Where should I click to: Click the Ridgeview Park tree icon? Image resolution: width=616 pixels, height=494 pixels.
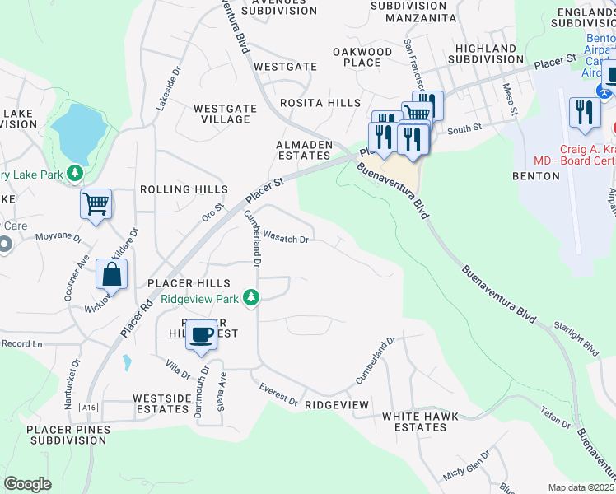click(x=257, y=298)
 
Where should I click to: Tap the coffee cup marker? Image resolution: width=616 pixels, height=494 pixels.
click(x=201, y=335)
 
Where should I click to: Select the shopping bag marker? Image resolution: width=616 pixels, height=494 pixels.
click(x=112, y=275)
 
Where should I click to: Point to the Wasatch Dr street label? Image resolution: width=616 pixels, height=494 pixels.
click(x=286, y=239)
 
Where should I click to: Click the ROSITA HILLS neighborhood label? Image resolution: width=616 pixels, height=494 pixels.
click(x=320, y=103)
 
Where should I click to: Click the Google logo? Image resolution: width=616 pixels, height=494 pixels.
click(x=27, y=483)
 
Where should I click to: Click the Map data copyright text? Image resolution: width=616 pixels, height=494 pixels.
click(x=581, y=487)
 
